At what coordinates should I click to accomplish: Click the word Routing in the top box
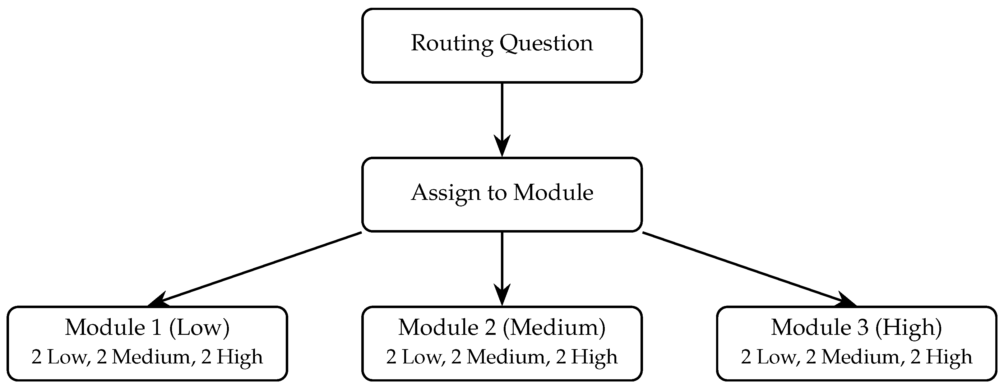coord(452,44)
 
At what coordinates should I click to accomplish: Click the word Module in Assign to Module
coord(553,193)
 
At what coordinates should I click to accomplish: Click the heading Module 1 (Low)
coord(147,327)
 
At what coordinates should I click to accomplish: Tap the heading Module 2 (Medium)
coord(502,327)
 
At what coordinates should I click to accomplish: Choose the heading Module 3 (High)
coord(857,327)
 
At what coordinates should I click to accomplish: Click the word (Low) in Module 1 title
coord(200,327)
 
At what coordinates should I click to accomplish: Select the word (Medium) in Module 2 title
coord(554,327)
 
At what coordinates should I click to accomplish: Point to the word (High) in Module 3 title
coord(909,327)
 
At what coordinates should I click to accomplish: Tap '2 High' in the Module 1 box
coord(232,357)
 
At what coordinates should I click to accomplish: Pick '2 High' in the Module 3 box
coord(941,357)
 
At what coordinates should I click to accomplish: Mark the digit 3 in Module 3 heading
coord(864,327)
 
